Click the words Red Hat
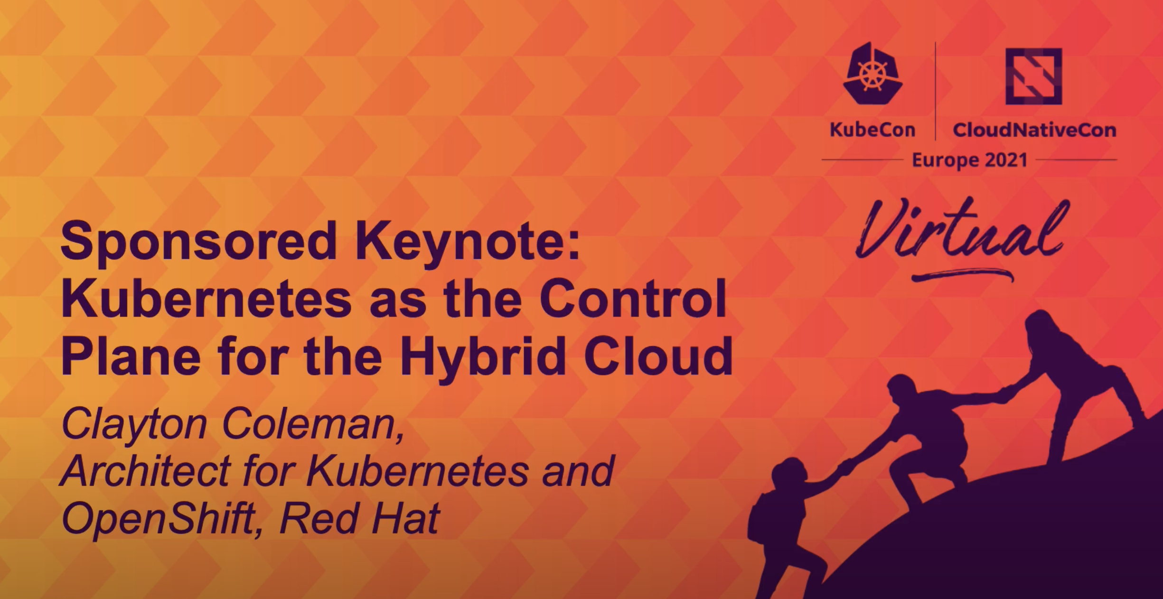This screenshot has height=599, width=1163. [x=360, y=518]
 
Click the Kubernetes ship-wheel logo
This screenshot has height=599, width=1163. [x=872, y=73]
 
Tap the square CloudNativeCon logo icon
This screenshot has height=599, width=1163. [x=1033, y=76]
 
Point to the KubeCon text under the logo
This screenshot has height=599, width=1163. [x=872, y=130]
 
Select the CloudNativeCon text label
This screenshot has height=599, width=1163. [x=1034, y=130]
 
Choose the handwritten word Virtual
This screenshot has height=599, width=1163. [x=961, y=231]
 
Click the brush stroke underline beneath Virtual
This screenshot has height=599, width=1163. [x=962, y=275]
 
